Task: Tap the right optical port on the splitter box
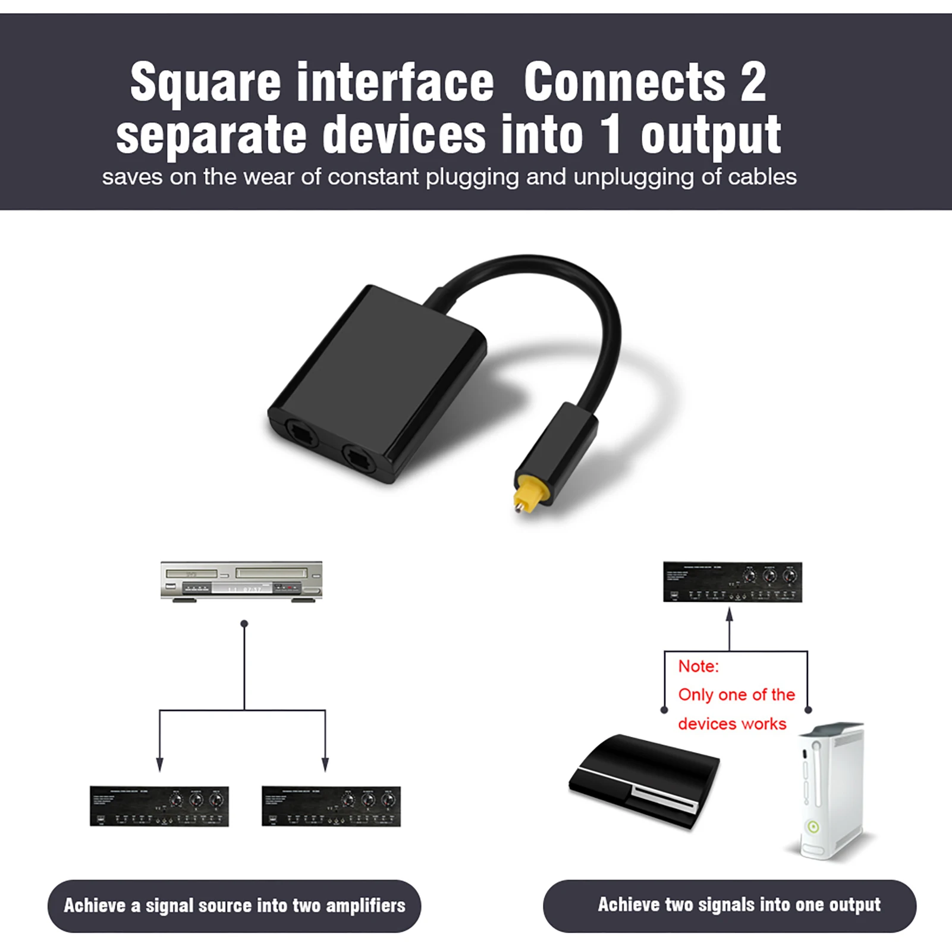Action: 358,459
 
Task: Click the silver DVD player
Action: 241,582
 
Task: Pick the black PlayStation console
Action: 645,780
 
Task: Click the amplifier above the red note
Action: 733,582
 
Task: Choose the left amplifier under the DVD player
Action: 159,806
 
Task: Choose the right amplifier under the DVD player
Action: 331,806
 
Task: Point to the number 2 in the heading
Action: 753,81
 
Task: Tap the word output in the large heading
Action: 711,136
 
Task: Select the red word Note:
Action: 699,666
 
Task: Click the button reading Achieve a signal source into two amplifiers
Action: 234,906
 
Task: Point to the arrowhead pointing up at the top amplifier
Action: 730,615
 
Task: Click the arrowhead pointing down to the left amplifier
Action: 159,764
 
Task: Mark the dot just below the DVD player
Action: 244,624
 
